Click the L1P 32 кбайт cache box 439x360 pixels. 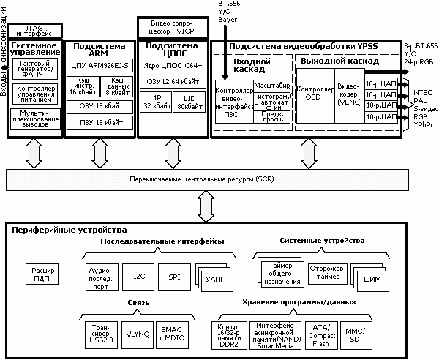155,102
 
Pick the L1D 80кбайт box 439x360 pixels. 190,102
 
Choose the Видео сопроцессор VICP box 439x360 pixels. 173,28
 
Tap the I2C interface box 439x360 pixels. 138,276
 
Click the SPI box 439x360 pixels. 173,276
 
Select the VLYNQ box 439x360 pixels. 138,333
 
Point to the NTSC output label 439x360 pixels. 423,92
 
